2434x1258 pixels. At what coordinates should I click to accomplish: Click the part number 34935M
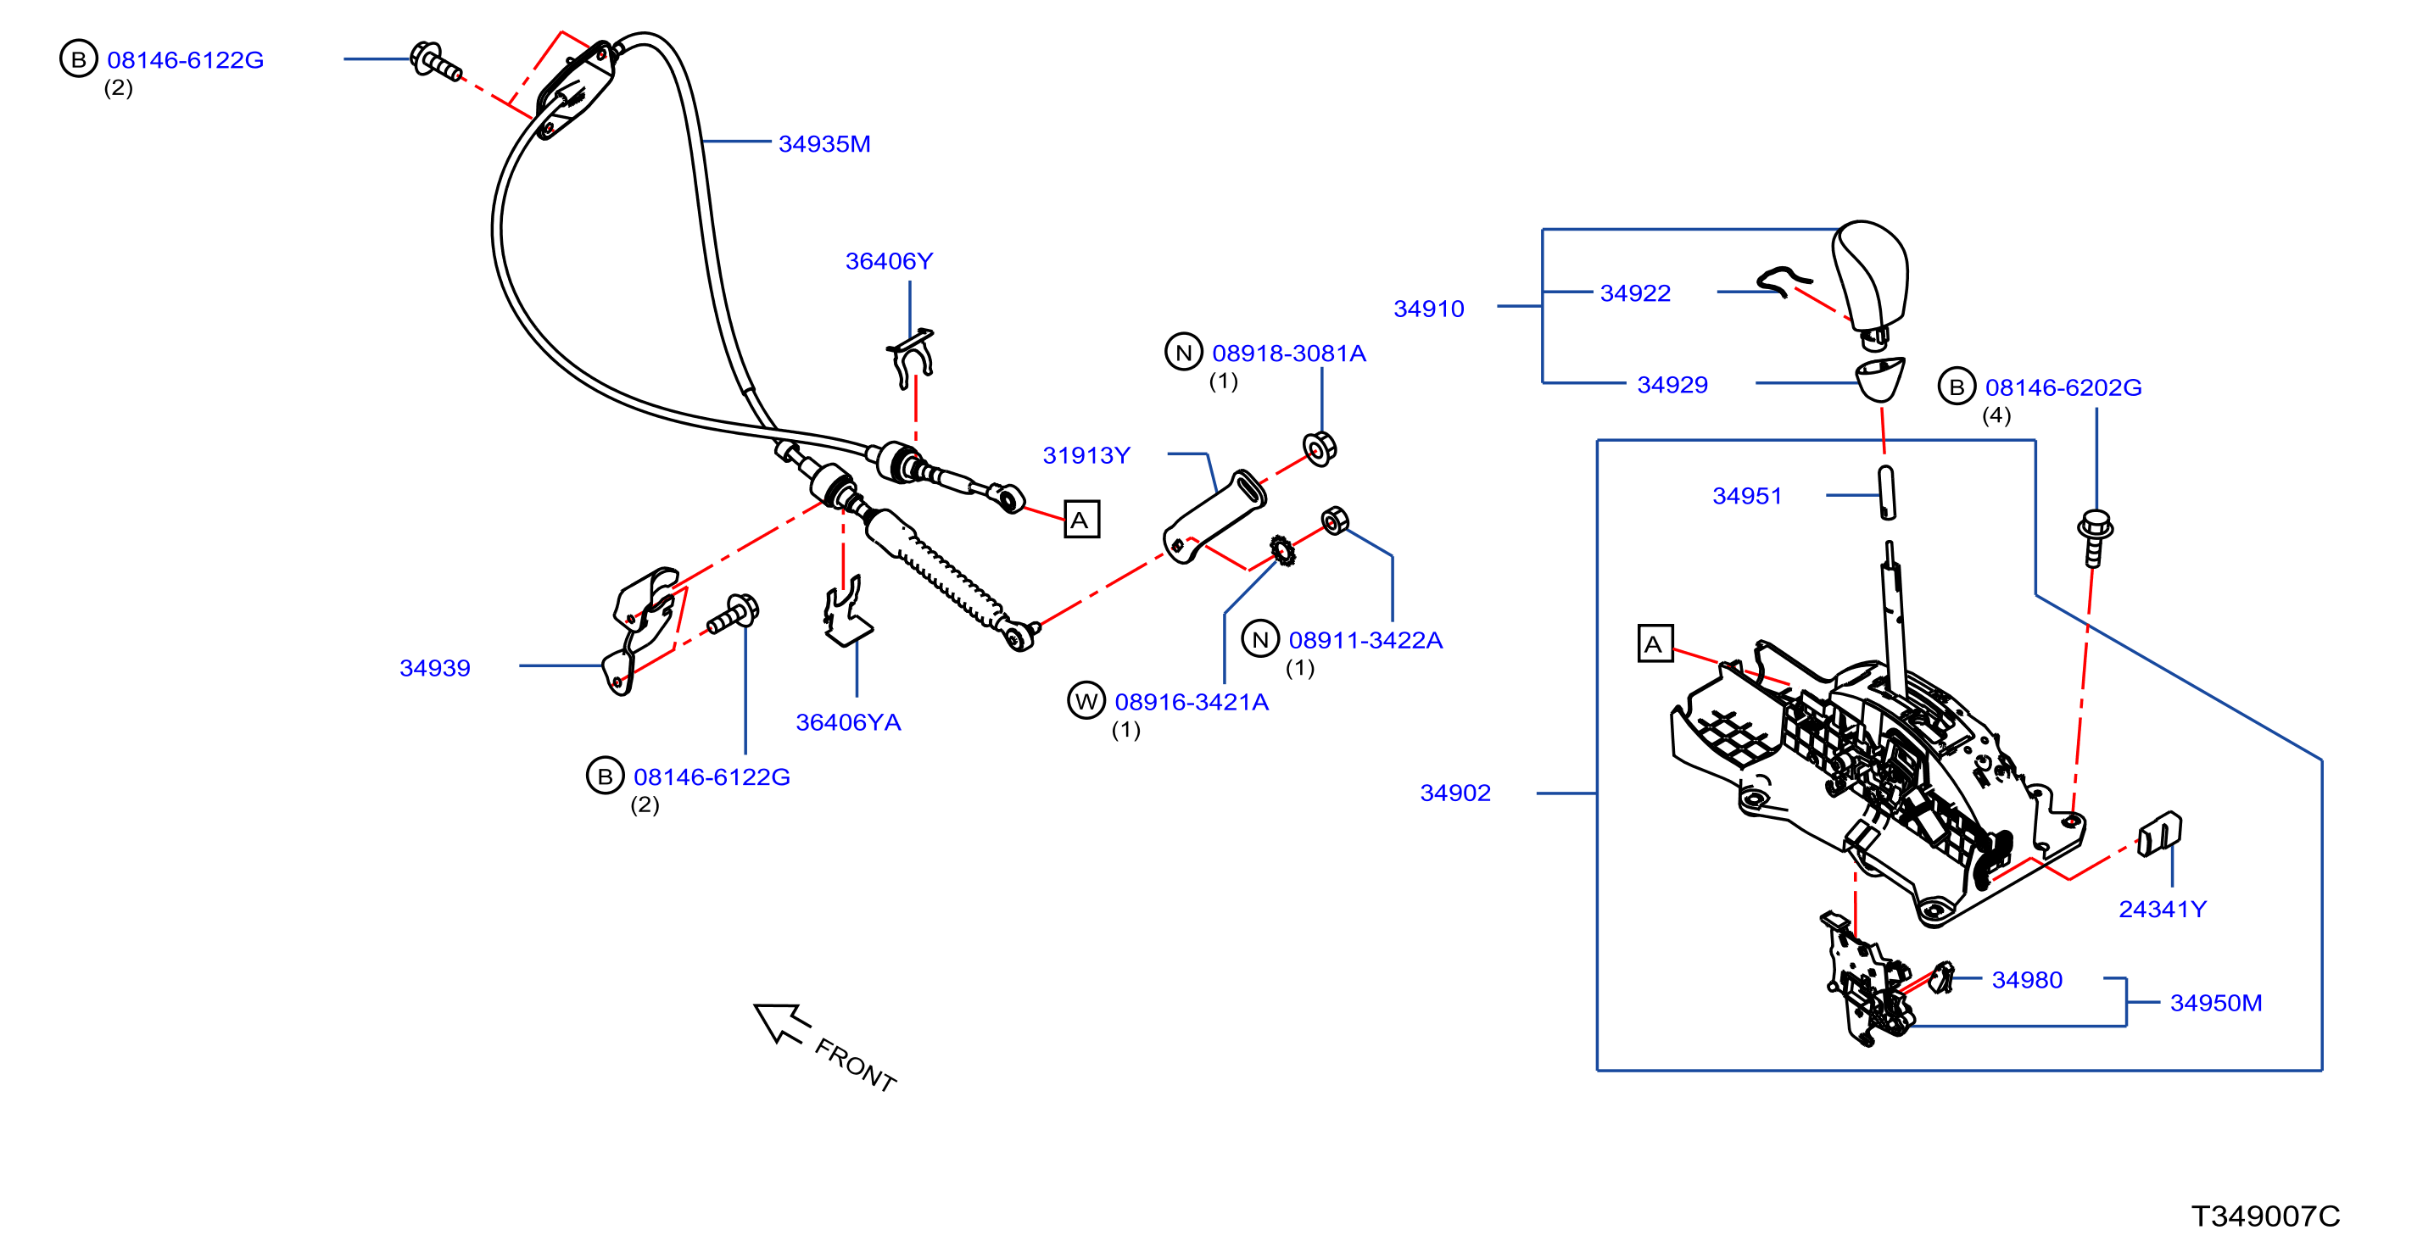(x=824, y=143)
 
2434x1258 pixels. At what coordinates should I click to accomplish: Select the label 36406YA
(x=847, y=722)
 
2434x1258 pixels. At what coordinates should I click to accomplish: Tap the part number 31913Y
(x=1086, y=455)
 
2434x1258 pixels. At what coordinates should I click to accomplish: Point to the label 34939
(x=434, y=668)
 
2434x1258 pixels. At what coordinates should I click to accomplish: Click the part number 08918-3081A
(x=1289, y=353)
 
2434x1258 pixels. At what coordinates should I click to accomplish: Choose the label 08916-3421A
(x=1192, y=702)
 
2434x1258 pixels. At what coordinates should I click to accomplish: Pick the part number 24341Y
(x=2162, y=909)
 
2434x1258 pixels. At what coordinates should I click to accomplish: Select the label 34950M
(x=2216, y=1002)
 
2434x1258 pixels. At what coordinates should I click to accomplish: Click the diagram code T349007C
(x=2265, y=1216)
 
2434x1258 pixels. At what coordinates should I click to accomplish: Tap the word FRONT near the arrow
(x=855, y=1066)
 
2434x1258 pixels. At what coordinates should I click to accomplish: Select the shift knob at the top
(x=1870, y=279)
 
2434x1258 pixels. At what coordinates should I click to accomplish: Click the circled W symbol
(x=1086, y=701)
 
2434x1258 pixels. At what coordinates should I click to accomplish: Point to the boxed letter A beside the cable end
(x=1081, y=520)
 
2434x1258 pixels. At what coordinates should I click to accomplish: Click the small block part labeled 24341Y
(x=2159, y=833)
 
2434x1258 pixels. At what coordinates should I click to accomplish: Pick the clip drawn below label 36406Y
(x=911, y=357)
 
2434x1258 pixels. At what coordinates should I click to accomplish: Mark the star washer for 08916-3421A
(x=1281, y=548)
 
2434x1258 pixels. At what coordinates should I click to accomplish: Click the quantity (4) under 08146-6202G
(x=1996, y=415)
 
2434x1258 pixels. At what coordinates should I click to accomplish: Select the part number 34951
(x=1746, y=496)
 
